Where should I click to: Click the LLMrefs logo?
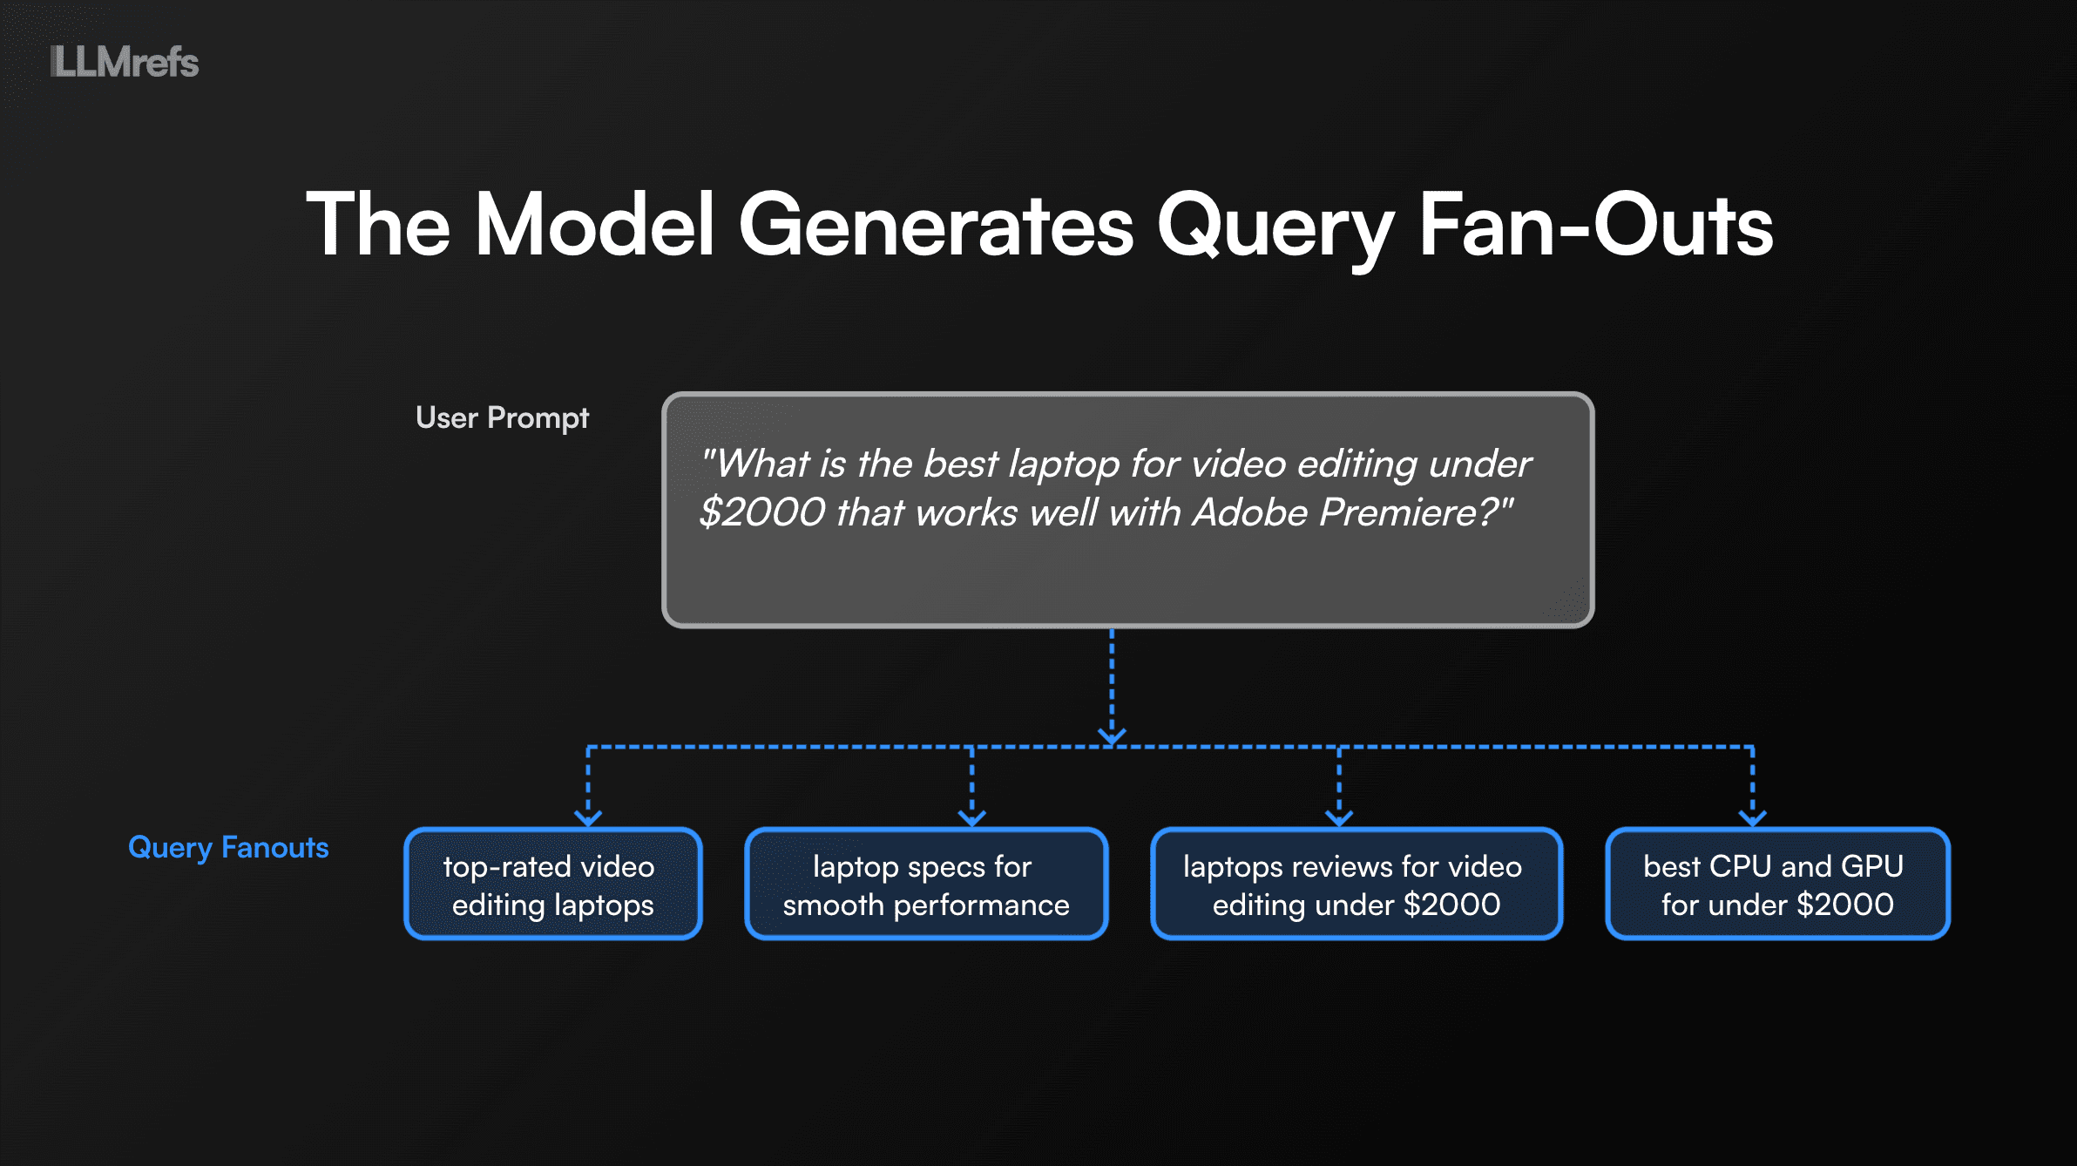coord(125,62)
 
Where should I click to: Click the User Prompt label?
coord(502,418)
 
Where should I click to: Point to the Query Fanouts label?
coord(228,847)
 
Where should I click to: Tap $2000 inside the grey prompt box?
coord(762,512)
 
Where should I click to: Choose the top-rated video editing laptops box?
coord(553,885)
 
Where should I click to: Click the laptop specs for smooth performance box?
coord(926,885)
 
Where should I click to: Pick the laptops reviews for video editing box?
coord(1356,885)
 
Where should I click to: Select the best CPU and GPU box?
coord(1777,885)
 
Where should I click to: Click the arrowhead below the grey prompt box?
coord(1112,736)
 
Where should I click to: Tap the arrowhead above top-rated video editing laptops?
coord(588,817)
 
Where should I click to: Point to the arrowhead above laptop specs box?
coord(971,817)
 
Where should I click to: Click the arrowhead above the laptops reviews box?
coord(1339,817)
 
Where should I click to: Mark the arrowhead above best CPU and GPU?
coord(1753,817)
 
